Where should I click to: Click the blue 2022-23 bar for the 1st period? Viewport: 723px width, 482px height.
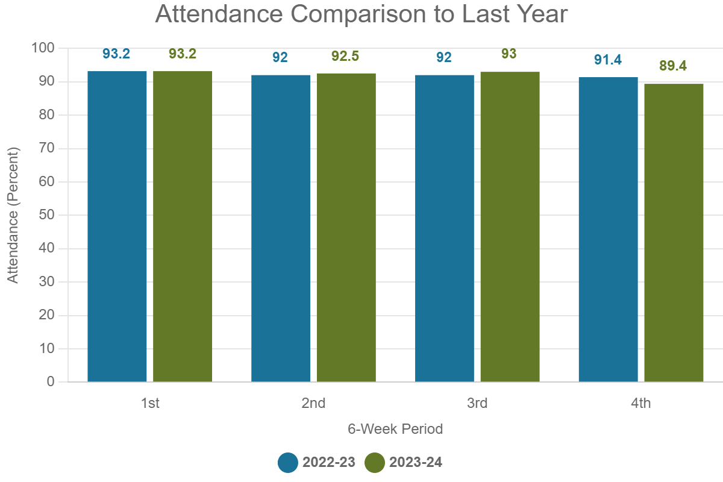point(117,227)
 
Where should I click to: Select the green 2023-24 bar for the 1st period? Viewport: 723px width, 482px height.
point(183,227)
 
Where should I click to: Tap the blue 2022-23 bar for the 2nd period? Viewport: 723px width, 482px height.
point(281,228)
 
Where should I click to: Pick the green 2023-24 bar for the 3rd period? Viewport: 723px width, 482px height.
point(510,227)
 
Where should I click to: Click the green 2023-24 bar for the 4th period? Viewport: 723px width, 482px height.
point(674,233)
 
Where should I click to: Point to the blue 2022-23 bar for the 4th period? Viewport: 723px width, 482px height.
point(609,230)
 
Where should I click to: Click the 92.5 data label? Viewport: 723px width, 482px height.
point(345,56)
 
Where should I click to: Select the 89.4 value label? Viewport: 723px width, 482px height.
point(673,66)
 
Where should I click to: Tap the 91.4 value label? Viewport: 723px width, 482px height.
point(608,60)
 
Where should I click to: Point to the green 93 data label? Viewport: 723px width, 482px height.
point(509,54)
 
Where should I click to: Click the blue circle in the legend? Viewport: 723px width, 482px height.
point(287,463)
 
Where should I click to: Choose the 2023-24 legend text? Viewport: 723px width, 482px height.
point(416,462)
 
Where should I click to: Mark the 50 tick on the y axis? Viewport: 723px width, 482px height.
point(46,214)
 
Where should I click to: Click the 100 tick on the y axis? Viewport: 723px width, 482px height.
point(43,48)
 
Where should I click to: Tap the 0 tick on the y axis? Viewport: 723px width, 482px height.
point(51,381)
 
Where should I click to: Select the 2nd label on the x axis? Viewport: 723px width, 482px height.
point(313,403)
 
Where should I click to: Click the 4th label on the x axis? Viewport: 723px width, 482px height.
point(640,403)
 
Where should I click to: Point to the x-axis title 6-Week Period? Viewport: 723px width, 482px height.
point(395,429)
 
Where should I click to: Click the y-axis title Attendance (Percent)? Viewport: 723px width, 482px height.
point(13,215)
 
